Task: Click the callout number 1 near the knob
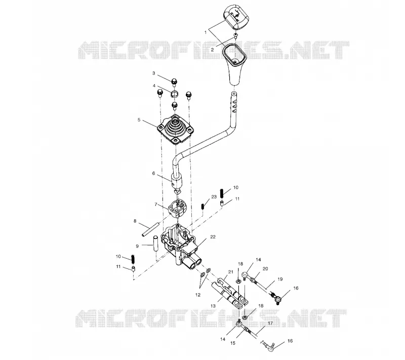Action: pyautogui.click(x=206, y=32)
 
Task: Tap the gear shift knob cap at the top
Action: pyautogui.click(x=236, y=18)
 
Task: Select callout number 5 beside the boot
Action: pyautogui.click(x=139, y=120)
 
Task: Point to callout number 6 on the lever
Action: pyautogui.click(x=154, y=173)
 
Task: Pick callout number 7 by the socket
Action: pyautogui.click(x=156, y=204)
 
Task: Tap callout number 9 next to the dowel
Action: pyautogui.click(x=137, y=246)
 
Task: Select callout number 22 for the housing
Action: pyautogui.click(x=213, y=237)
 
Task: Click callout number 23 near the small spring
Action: pyautogui.click(x=214, y=197)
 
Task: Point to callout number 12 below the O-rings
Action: pyautogui.click(x=198, y=295)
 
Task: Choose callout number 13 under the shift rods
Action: pyautogui.click(x=213, y=306)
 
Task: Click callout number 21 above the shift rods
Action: pyautogui.click(x=231, y=272)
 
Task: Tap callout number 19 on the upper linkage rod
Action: pyautogui.click(x=280, y=279)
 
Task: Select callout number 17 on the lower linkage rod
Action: pyautogui.click(x=270, y=323)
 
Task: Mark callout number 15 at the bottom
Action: pyautogui.click(x=233, y=343)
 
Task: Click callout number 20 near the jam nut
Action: pyautogui.click(x=265, y=269)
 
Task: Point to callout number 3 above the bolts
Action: pyautogui.click(x=154, y=73)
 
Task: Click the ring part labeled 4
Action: pyautogui.click(x=174, y=94)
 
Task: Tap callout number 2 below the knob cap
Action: pyautogui.click(x=212, y=50)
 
